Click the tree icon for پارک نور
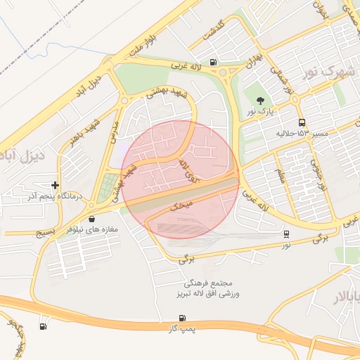pos(261,101)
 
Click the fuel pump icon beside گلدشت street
pos(213,62)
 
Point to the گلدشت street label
pos(216,33)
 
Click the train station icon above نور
pos(286,233)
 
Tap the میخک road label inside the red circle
pos(181,205)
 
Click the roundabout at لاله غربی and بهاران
pos(224,71)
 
